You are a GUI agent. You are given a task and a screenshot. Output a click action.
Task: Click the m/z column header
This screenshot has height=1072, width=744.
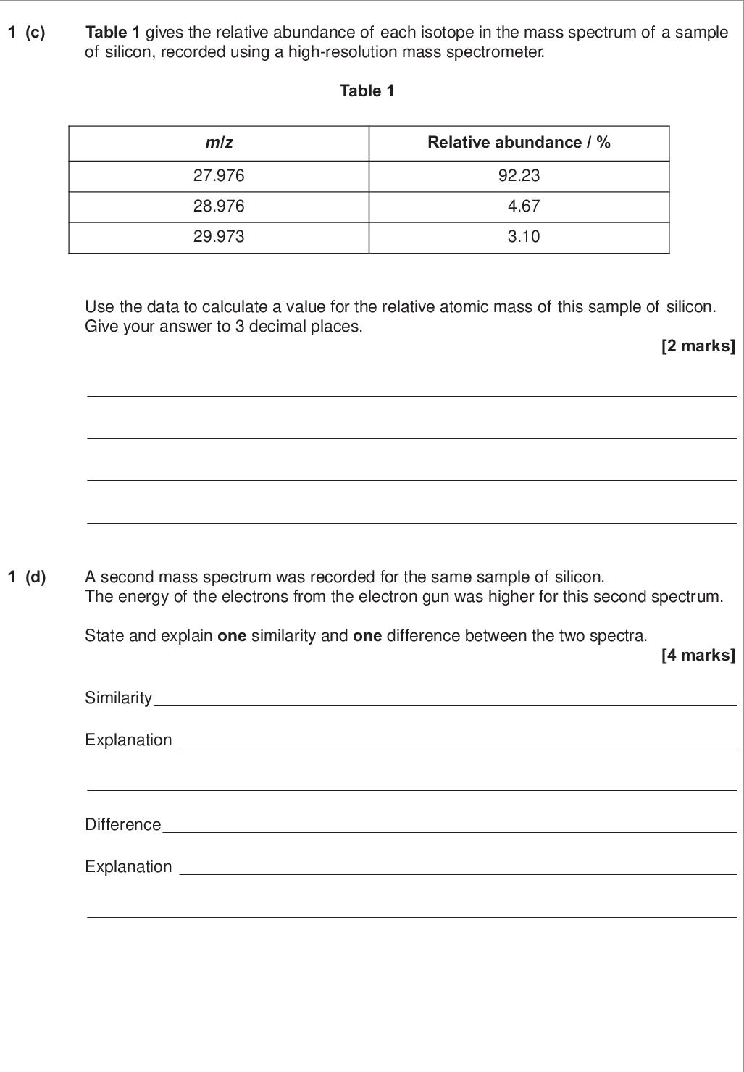tap(219, 143)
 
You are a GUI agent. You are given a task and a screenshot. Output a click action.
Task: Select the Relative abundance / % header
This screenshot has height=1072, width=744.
tap(519, 143)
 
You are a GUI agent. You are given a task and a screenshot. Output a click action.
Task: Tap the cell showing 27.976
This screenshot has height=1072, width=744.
tap(219, 175)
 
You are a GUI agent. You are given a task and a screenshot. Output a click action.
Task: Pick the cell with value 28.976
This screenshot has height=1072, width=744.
tap(219, 206)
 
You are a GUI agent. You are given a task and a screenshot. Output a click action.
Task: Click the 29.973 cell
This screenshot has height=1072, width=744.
tap(219, 237)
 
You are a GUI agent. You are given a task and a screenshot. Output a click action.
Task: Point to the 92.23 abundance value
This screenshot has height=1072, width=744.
tap(519, 175)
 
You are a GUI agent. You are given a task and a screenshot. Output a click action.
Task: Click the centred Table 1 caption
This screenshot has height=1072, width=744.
tap(367, 91)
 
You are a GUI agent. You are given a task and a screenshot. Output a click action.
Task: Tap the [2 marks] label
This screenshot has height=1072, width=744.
tap(698, 346)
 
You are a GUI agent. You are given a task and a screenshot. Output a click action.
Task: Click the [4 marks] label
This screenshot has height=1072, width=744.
tap(698, 656)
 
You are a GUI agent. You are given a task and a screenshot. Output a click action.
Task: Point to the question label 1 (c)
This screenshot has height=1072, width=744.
tap(26, 33)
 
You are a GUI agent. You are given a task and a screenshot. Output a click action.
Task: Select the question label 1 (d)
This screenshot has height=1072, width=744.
tap(26, 577)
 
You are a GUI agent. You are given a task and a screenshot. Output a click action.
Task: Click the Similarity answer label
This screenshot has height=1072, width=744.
tap(119, 698)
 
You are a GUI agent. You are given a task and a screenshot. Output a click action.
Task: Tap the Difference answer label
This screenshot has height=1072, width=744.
tap(123, 825)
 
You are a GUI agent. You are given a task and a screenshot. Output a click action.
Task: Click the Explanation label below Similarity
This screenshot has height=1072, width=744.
tap(129, 740)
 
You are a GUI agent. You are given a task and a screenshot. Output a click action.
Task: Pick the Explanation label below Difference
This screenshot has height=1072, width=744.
tap(129, 867)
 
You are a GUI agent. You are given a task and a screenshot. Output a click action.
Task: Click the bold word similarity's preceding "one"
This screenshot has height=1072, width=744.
tap(232, 636)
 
